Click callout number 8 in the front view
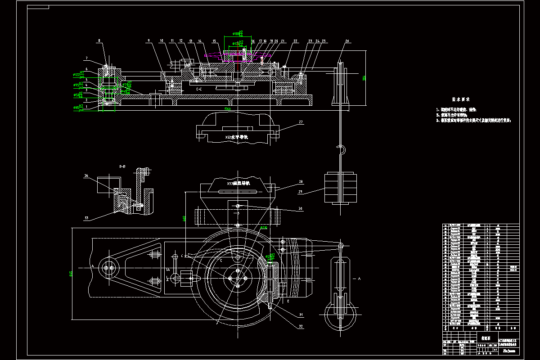(x=99, y=41)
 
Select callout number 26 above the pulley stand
(x=347, y=41)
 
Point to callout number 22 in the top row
(x=295, y=41)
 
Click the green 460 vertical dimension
(x=184, y=219)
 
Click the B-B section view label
(x=122, y=166)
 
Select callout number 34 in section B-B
(x=86, y=176)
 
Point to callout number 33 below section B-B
(x=86, y=218)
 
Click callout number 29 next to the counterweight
(x=300, y=192)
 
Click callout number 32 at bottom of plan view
(x=301, y=324)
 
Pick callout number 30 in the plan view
(x=300, y=208)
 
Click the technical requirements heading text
(x=461, y=99)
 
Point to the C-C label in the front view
(x=198, y=90)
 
